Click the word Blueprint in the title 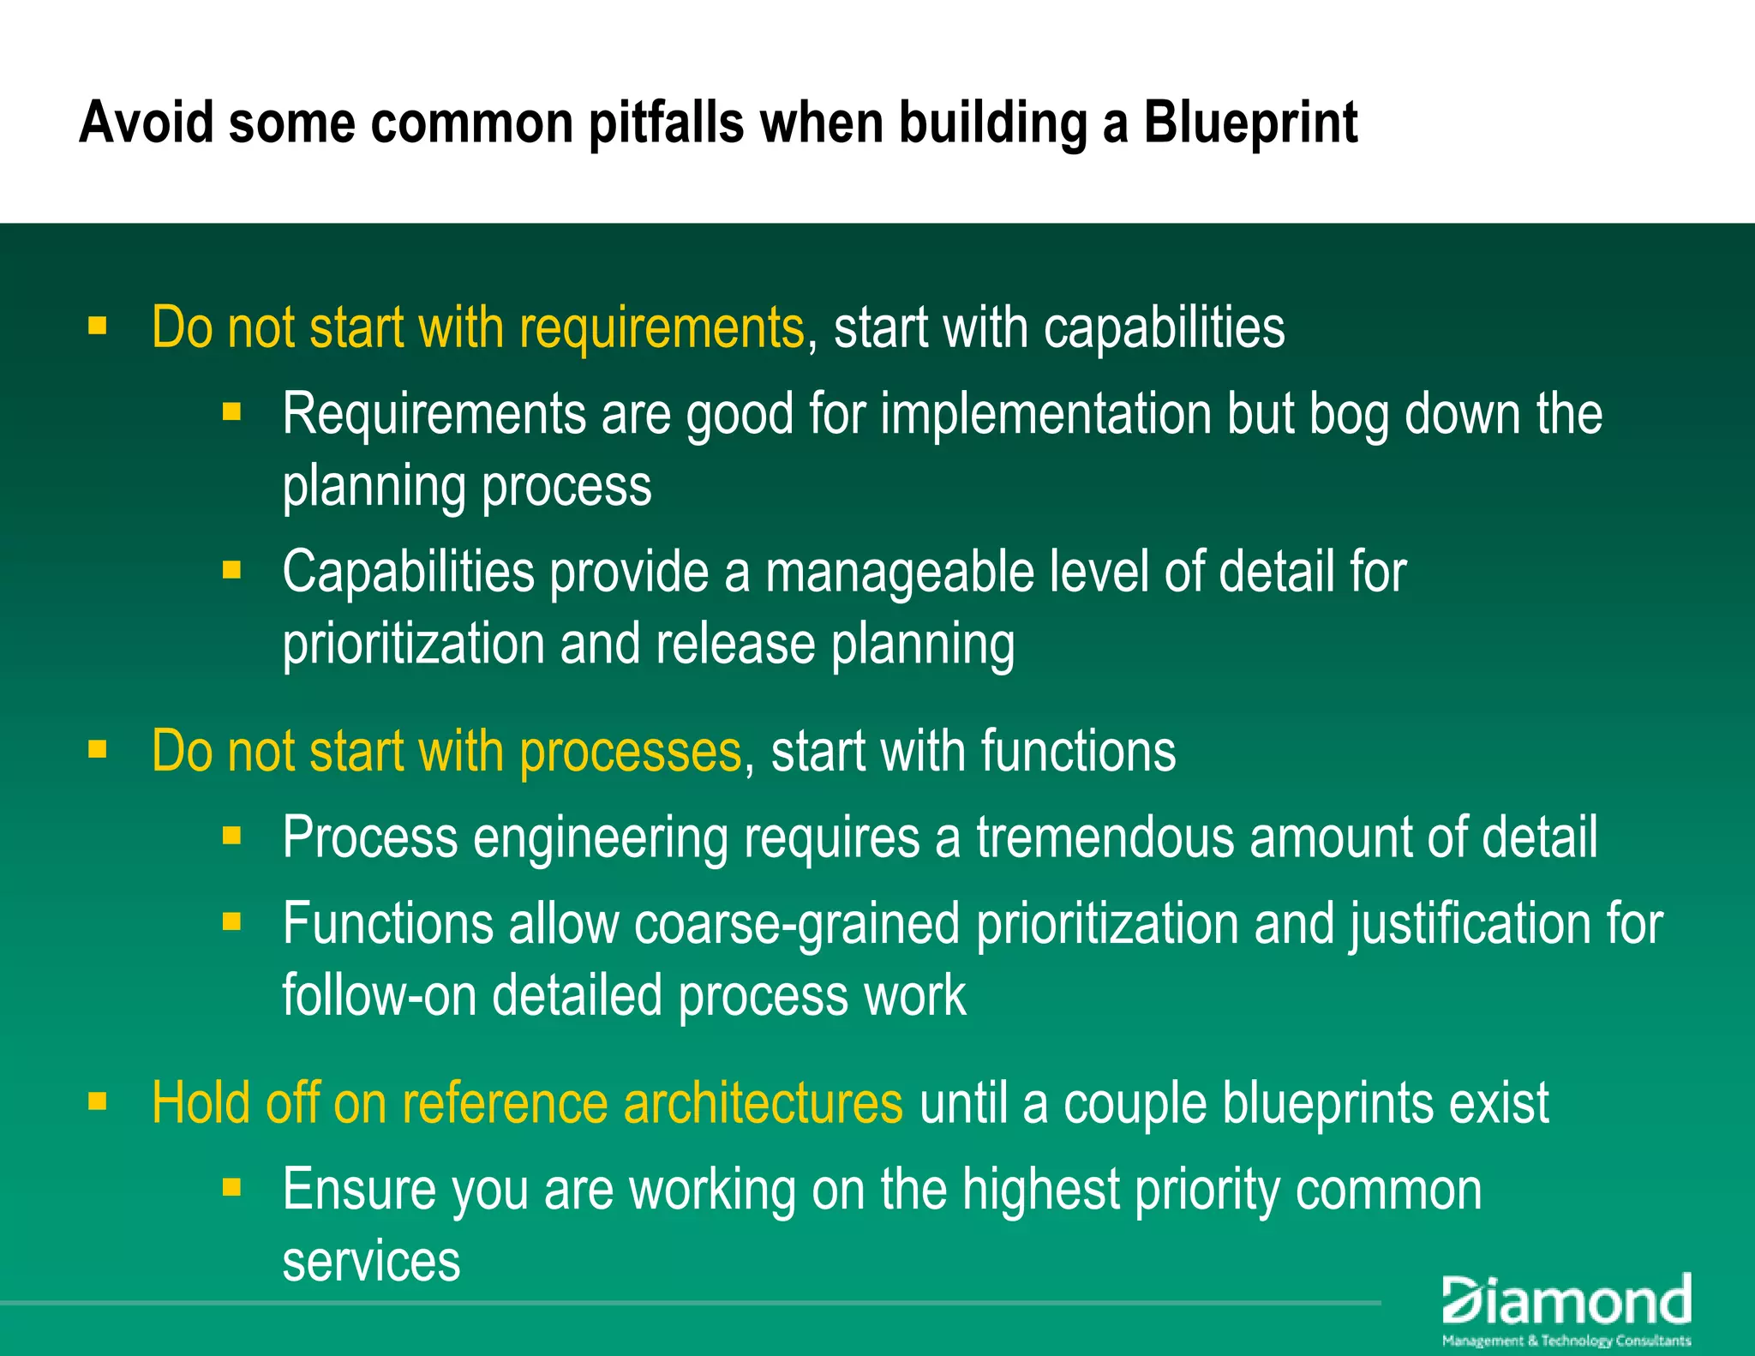click(1250, 123)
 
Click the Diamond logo click(1566, 1308)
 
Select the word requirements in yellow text click(662, 328)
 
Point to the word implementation click(1045, 415)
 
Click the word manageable click(900, 573)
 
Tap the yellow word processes click(630, 752)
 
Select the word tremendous click(1105, 837)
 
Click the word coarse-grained click(796, 924)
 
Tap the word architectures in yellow click(763, 1103)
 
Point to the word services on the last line click(371, 1261)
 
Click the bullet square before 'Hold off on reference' click(98, 1101)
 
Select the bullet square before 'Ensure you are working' click(231, 1186)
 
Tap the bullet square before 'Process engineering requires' click(231, 835)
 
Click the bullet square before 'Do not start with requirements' click(98, 326)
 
